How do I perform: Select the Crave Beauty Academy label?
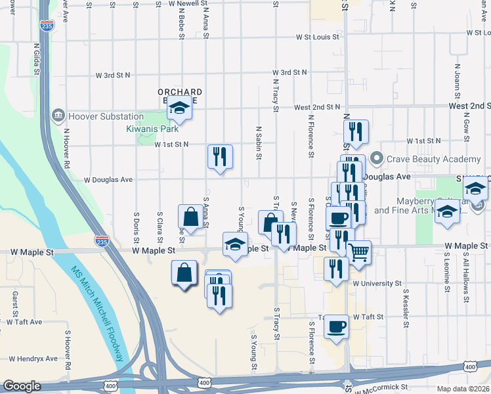pos(433,160)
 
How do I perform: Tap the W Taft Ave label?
pos(24,322)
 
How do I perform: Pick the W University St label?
pos(377,284)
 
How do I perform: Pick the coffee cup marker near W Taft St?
pos(337,326)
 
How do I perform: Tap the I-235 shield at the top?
pos(47,26)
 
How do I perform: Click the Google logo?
pos(22,386)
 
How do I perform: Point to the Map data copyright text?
pos(463,389)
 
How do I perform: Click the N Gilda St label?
pos(37,63)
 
